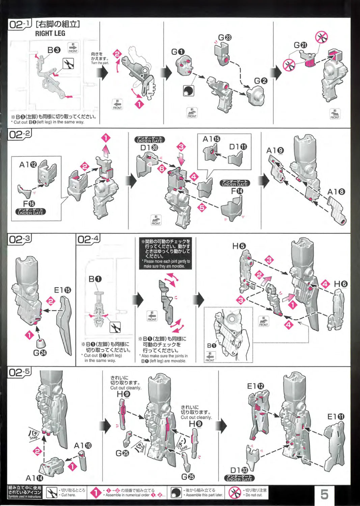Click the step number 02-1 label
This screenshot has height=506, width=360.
tap(20, 24)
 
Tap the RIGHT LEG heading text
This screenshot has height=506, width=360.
tap(50, 33)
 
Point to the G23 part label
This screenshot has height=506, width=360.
tap(225, 37)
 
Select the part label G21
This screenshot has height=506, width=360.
tap(300, 45)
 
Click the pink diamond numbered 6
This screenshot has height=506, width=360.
tap(162, 168)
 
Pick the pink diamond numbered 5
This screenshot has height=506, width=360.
tap(202, 207)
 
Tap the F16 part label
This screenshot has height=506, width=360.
tap(29, 204)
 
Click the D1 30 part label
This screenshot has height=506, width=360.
tap(149, 148)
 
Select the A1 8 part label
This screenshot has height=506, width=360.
tap(336, 192)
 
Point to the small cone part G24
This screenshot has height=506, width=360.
tap(41, 344)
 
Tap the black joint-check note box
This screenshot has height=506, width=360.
tap(165, 254)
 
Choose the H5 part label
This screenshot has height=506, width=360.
tap(239, 246)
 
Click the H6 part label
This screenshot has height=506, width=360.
tap(340, 284)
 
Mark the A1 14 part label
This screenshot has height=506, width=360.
tap(34, 478)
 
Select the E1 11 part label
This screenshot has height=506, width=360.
tap(336, 417)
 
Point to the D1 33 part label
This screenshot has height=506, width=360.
tap(239, 470)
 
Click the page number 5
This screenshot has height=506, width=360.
tap(324, 495)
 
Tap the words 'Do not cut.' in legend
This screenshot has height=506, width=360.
tap(254, 495)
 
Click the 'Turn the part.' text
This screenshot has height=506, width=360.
tap(100, 63)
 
